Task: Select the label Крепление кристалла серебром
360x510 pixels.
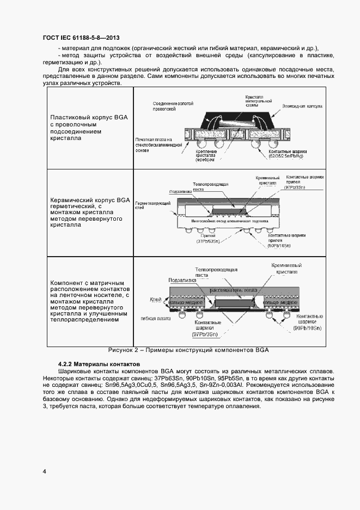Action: click(x=208, y=157)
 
